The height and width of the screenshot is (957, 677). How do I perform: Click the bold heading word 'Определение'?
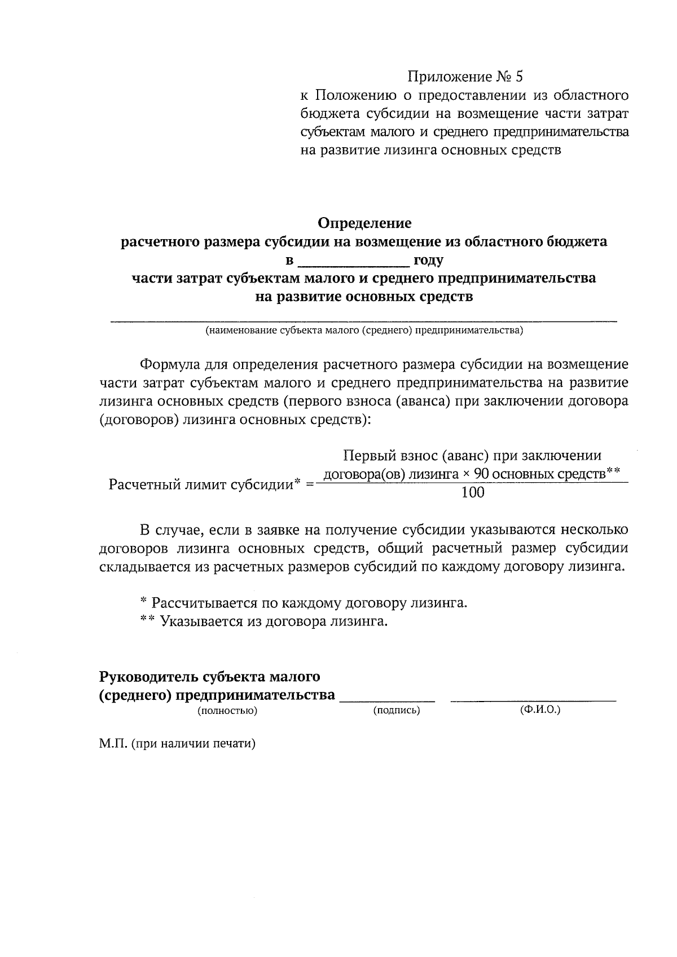coord(364,223)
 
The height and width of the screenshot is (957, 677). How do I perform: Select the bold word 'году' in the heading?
coord(428,261)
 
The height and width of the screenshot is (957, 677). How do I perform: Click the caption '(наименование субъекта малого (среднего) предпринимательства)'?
coord(364,330)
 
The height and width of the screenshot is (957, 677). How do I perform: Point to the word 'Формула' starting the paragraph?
coord(167,364)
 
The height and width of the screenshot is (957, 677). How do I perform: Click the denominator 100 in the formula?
coord(473,492)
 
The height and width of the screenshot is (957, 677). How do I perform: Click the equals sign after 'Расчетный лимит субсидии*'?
coord(309,484)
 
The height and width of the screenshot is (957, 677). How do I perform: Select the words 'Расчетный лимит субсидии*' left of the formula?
coord(203,484)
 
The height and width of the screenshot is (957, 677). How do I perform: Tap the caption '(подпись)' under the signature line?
coord(397,711)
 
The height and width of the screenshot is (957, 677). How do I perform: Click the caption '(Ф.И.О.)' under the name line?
coord(540,710)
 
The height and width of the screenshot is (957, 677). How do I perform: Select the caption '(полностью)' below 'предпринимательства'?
coord(227,711)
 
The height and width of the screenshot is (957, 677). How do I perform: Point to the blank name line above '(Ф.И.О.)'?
coord(533,700)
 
